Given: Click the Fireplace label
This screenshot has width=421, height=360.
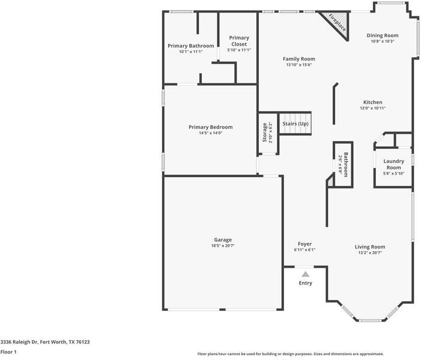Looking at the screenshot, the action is pos(338,23).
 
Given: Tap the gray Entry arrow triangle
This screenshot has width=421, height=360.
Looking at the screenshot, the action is pos(305,274).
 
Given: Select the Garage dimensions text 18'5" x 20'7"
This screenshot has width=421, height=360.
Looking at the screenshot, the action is pos(223,246).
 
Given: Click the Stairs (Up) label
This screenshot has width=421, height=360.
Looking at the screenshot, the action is pos(295,124).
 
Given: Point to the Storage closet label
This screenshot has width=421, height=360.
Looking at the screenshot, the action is pos(265,132).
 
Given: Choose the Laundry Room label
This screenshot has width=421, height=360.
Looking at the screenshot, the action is pos(393,164).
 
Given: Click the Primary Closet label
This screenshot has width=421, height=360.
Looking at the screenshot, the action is pos(239,41).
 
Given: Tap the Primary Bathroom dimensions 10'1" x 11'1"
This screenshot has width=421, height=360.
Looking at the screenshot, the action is pos(191,52).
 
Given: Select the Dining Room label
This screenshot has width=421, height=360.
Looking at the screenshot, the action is pos(383,35).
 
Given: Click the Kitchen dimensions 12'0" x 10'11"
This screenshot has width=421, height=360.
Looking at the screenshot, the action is pos(373,108).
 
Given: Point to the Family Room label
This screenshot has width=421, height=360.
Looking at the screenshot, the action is pos(299,59).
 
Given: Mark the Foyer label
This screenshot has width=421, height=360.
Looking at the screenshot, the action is pos(304,244).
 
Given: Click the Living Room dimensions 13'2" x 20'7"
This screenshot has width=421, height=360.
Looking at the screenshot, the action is pos(370,253).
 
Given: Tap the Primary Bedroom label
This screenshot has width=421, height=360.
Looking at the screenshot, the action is pos(211,127).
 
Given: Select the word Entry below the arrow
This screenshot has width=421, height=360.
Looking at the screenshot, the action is pos(306,283).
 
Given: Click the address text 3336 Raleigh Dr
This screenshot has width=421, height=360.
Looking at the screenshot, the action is pos(19,342).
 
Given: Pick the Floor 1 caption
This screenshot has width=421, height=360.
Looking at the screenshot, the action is pos(8,352).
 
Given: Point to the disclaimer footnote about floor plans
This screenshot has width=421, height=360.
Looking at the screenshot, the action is pos(291,354).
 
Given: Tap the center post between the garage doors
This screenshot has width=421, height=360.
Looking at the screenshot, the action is pos(222,310).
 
